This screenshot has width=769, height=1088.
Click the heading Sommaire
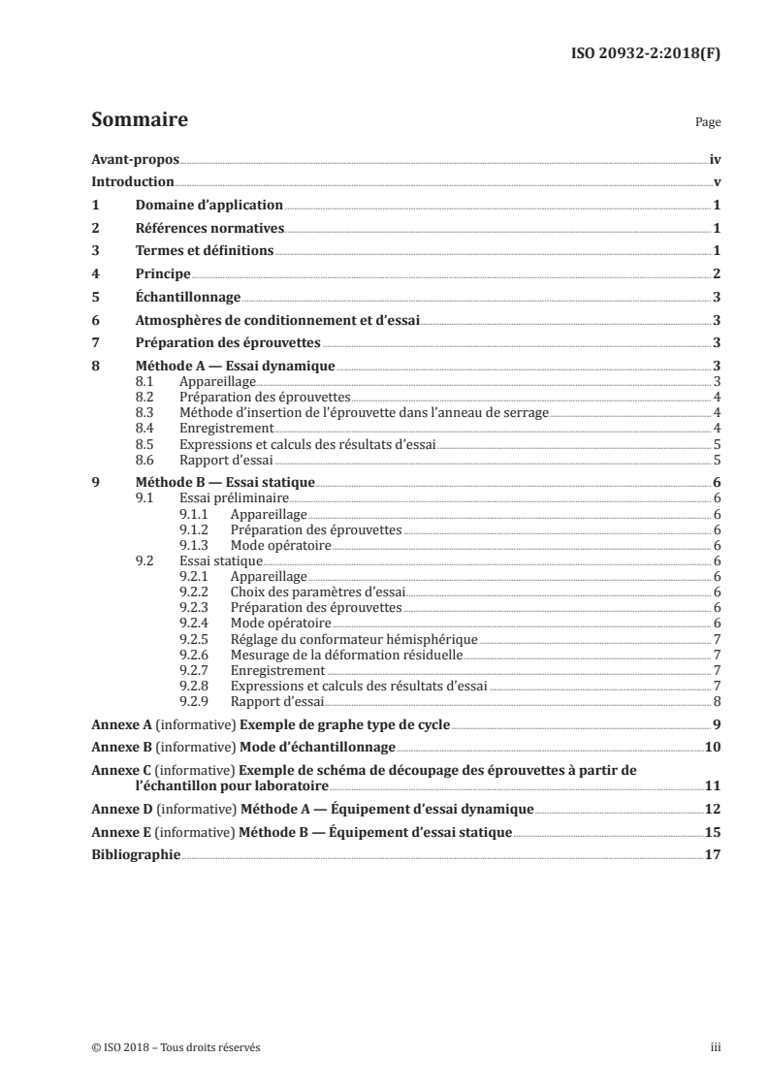pos(139,121)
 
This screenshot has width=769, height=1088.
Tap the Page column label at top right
pos(708,124)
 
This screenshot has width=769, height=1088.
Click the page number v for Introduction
pos(716,182)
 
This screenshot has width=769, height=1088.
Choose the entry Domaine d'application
pos(208,206)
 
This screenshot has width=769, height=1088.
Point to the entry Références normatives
pos(208,228)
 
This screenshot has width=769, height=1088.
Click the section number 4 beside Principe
pos(95,274)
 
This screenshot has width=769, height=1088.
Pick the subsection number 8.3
pos(145,413)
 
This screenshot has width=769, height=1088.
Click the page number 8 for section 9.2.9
pos(716,700)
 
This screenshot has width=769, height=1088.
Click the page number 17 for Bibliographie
pos(712,853)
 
